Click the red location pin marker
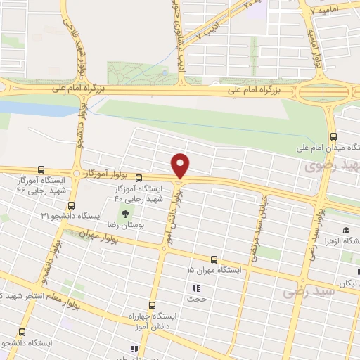181,166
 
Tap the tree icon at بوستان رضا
127,214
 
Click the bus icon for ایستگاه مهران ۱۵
214,259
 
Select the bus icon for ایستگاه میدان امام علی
333,137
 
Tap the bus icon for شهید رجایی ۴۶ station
41,169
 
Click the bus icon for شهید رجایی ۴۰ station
139,178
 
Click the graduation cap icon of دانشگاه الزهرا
345,231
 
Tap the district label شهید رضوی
328,167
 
